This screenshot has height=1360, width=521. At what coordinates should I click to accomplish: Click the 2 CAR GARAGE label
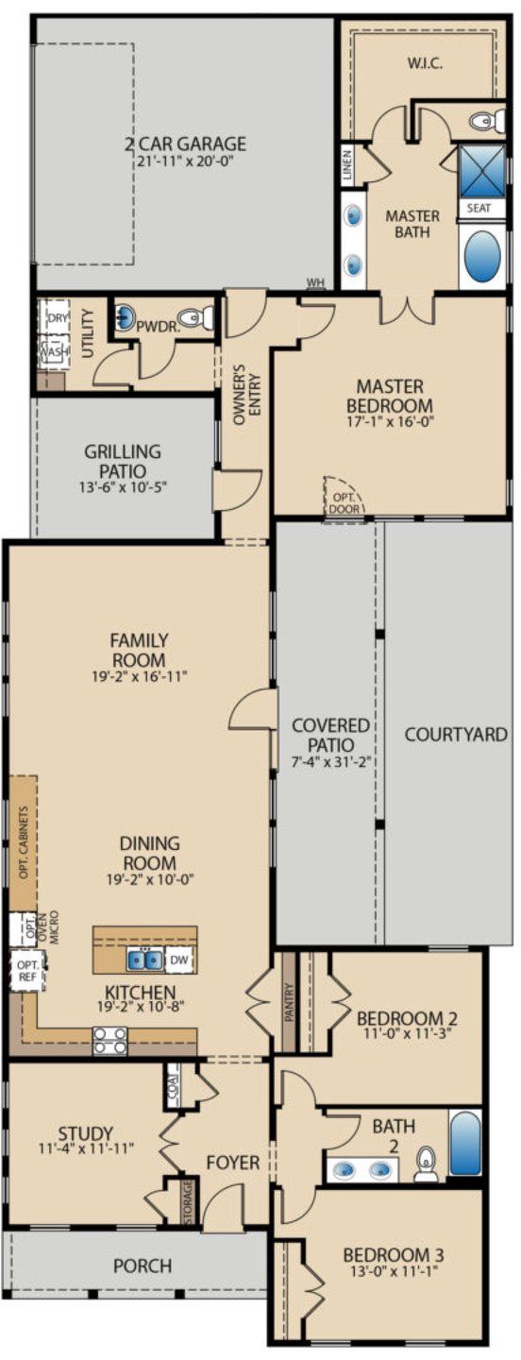[185, 144]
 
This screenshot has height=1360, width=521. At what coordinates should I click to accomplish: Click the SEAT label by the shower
[479, 208]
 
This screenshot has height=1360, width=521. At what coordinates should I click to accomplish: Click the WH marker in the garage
[315, 282]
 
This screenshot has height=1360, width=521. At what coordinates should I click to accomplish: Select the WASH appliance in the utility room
[54, 351]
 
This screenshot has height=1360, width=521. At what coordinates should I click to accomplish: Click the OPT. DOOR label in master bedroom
[339, 501]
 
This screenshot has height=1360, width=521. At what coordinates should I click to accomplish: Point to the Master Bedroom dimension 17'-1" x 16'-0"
[390, 422]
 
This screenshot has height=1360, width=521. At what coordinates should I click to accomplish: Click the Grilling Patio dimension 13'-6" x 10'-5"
[122, 487]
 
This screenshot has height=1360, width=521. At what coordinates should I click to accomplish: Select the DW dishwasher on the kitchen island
[180, 960]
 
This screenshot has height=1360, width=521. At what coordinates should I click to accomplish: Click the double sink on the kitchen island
[144, 960]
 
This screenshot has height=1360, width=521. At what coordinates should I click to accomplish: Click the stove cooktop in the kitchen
[109, 1042]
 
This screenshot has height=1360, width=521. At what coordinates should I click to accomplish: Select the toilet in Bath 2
[427, 1164]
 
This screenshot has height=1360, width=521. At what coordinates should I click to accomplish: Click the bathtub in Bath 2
[464, 1144]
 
